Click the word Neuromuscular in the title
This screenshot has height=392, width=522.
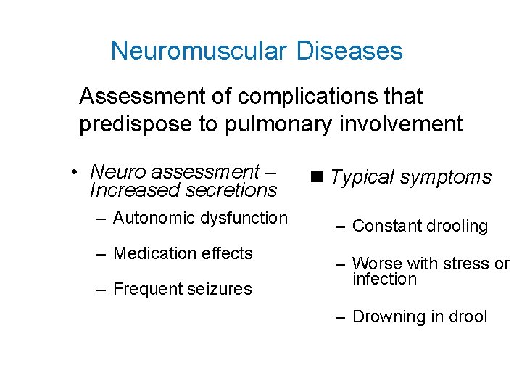point(199,52)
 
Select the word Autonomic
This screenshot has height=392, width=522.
point(152,218)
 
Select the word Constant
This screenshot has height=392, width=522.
point(384,226)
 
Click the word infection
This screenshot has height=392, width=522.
point(385,279)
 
